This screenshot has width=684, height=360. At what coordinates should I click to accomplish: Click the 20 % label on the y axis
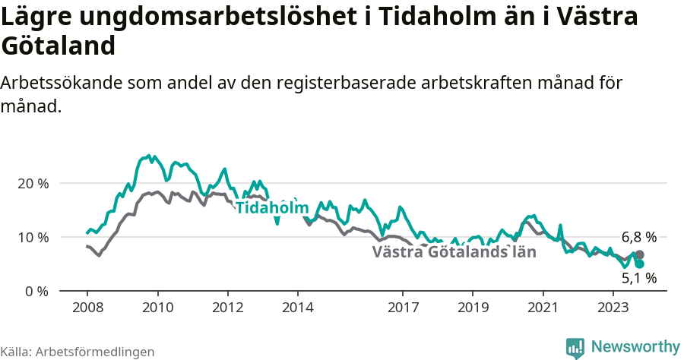coord(33,183)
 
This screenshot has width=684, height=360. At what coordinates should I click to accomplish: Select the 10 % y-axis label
coord(33,237)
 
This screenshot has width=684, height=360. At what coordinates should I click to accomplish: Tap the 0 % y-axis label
coord(36,291)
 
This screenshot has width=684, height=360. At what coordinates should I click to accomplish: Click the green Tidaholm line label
coord(272,208)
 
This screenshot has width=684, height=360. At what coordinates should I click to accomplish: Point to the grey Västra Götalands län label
coord(454,252)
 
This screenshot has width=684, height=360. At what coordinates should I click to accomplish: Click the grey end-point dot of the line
coord(640,255)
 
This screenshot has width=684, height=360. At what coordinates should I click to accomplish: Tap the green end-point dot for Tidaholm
coord(640,264)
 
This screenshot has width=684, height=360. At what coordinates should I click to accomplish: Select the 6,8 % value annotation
coord(638,237)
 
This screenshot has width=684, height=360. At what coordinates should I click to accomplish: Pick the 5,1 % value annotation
coord(638,279)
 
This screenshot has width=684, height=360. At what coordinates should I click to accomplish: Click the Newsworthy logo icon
coord(575,347)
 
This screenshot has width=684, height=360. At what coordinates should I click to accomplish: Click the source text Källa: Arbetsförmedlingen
coord(78,352)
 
